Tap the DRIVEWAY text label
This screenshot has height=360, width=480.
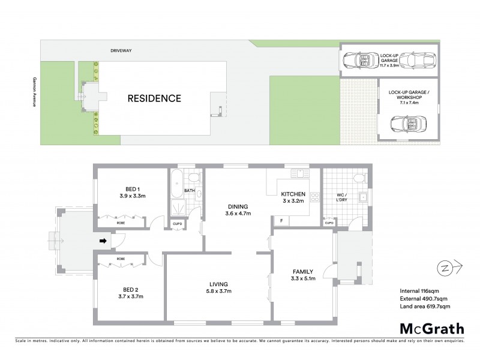pyautogui.click(x=120, y=51)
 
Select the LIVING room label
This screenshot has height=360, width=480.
pyautogui.click(x=218, y=284)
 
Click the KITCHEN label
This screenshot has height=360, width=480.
pyautogui.click(x=294, y=194)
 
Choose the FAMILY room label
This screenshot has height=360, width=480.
pyautogui.click(x=302, y=271)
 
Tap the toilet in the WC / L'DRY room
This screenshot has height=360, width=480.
pyautogui.click(x=358, y=178)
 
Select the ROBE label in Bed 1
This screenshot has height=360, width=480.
pyautogui.click(x=120, y=222)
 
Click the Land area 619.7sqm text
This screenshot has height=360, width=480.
pyautogui.click(x=425, y=307)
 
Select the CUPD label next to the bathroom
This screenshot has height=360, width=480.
pyautogui.click(x=177, y=224)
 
